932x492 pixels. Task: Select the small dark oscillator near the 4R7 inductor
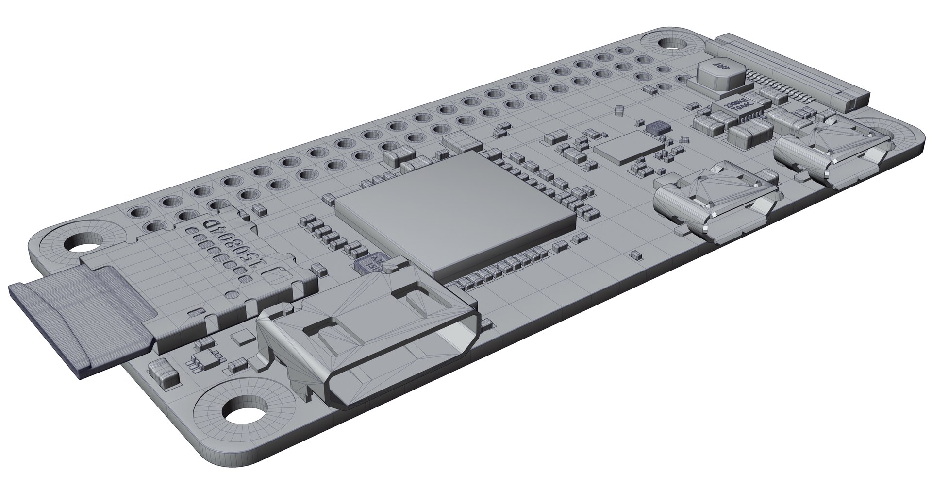click(x=658, y=127)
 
